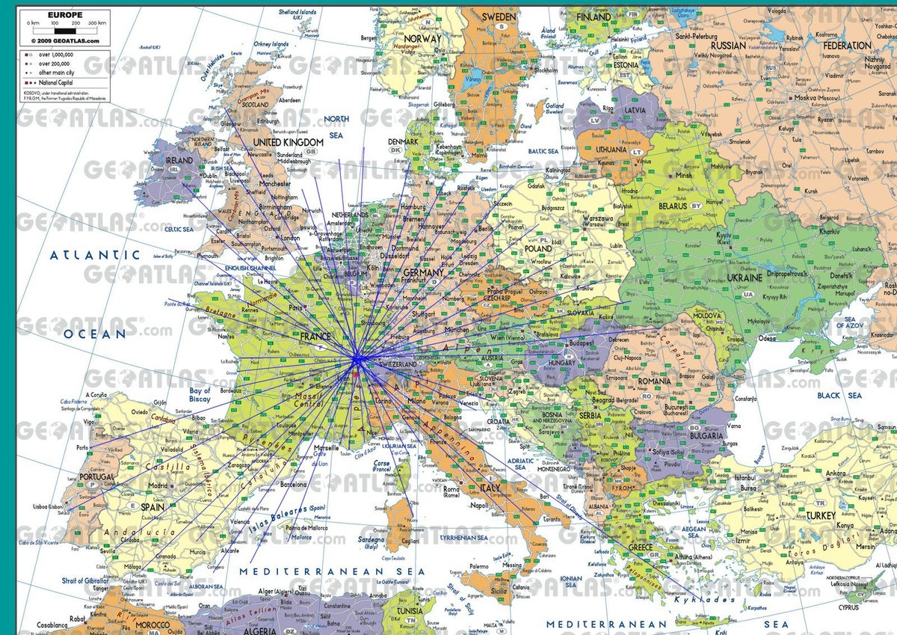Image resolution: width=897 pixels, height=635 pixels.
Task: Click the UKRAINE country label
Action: (745, 277)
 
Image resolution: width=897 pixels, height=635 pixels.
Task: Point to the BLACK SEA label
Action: (839, 395)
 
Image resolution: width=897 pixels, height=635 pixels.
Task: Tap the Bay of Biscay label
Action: (200, 394)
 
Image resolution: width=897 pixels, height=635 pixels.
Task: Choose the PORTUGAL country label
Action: (97, 476)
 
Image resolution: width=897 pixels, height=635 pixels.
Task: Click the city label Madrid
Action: (158, 485)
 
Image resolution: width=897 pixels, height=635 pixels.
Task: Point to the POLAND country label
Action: (538, 248)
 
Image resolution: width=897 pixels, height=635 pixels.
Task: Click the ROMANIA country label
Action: (656, 381)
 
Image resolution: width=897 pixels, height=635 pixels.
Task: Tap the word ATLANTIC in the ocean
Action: (95, 255)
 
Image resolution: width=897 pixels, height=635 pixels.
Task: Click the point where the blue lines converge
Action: (357, 361)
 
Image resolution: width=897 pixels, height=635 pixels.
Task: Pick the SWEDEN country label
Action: (499, 16)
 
